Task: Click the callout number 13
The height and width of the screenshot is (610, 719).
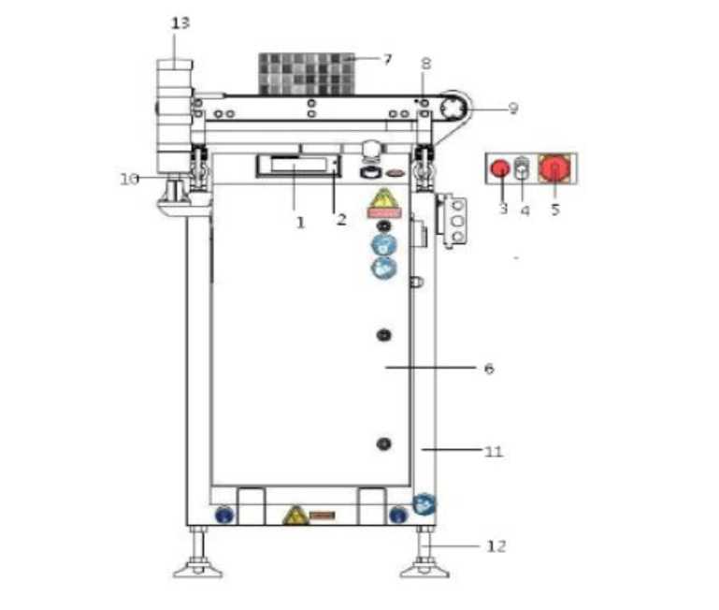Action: [x=180, y=23]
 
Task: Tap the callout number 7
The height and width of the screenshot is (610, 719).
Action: [x=388, y=59]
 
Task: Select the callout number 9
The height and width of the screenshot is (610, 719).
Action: [x=513, y=109]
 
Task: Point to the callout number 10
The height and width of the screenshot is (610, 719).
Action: [x=129, y=179]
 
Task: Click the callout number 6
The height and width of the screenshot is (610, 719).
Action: [x=489, y=368]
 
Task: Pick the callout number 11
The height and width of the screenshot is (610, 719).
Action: [x=494, y=452]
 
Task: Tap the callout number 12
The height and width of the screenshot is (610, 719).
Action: [x=496, y=546]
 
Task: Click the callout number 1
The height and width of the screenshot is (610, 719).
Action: [x=300, y=223]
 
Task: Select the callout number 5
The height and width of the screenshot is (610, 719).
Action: [x=555, y=210]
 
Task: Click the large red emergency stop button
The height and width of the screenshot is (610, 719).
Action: [x=554, y=168]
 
